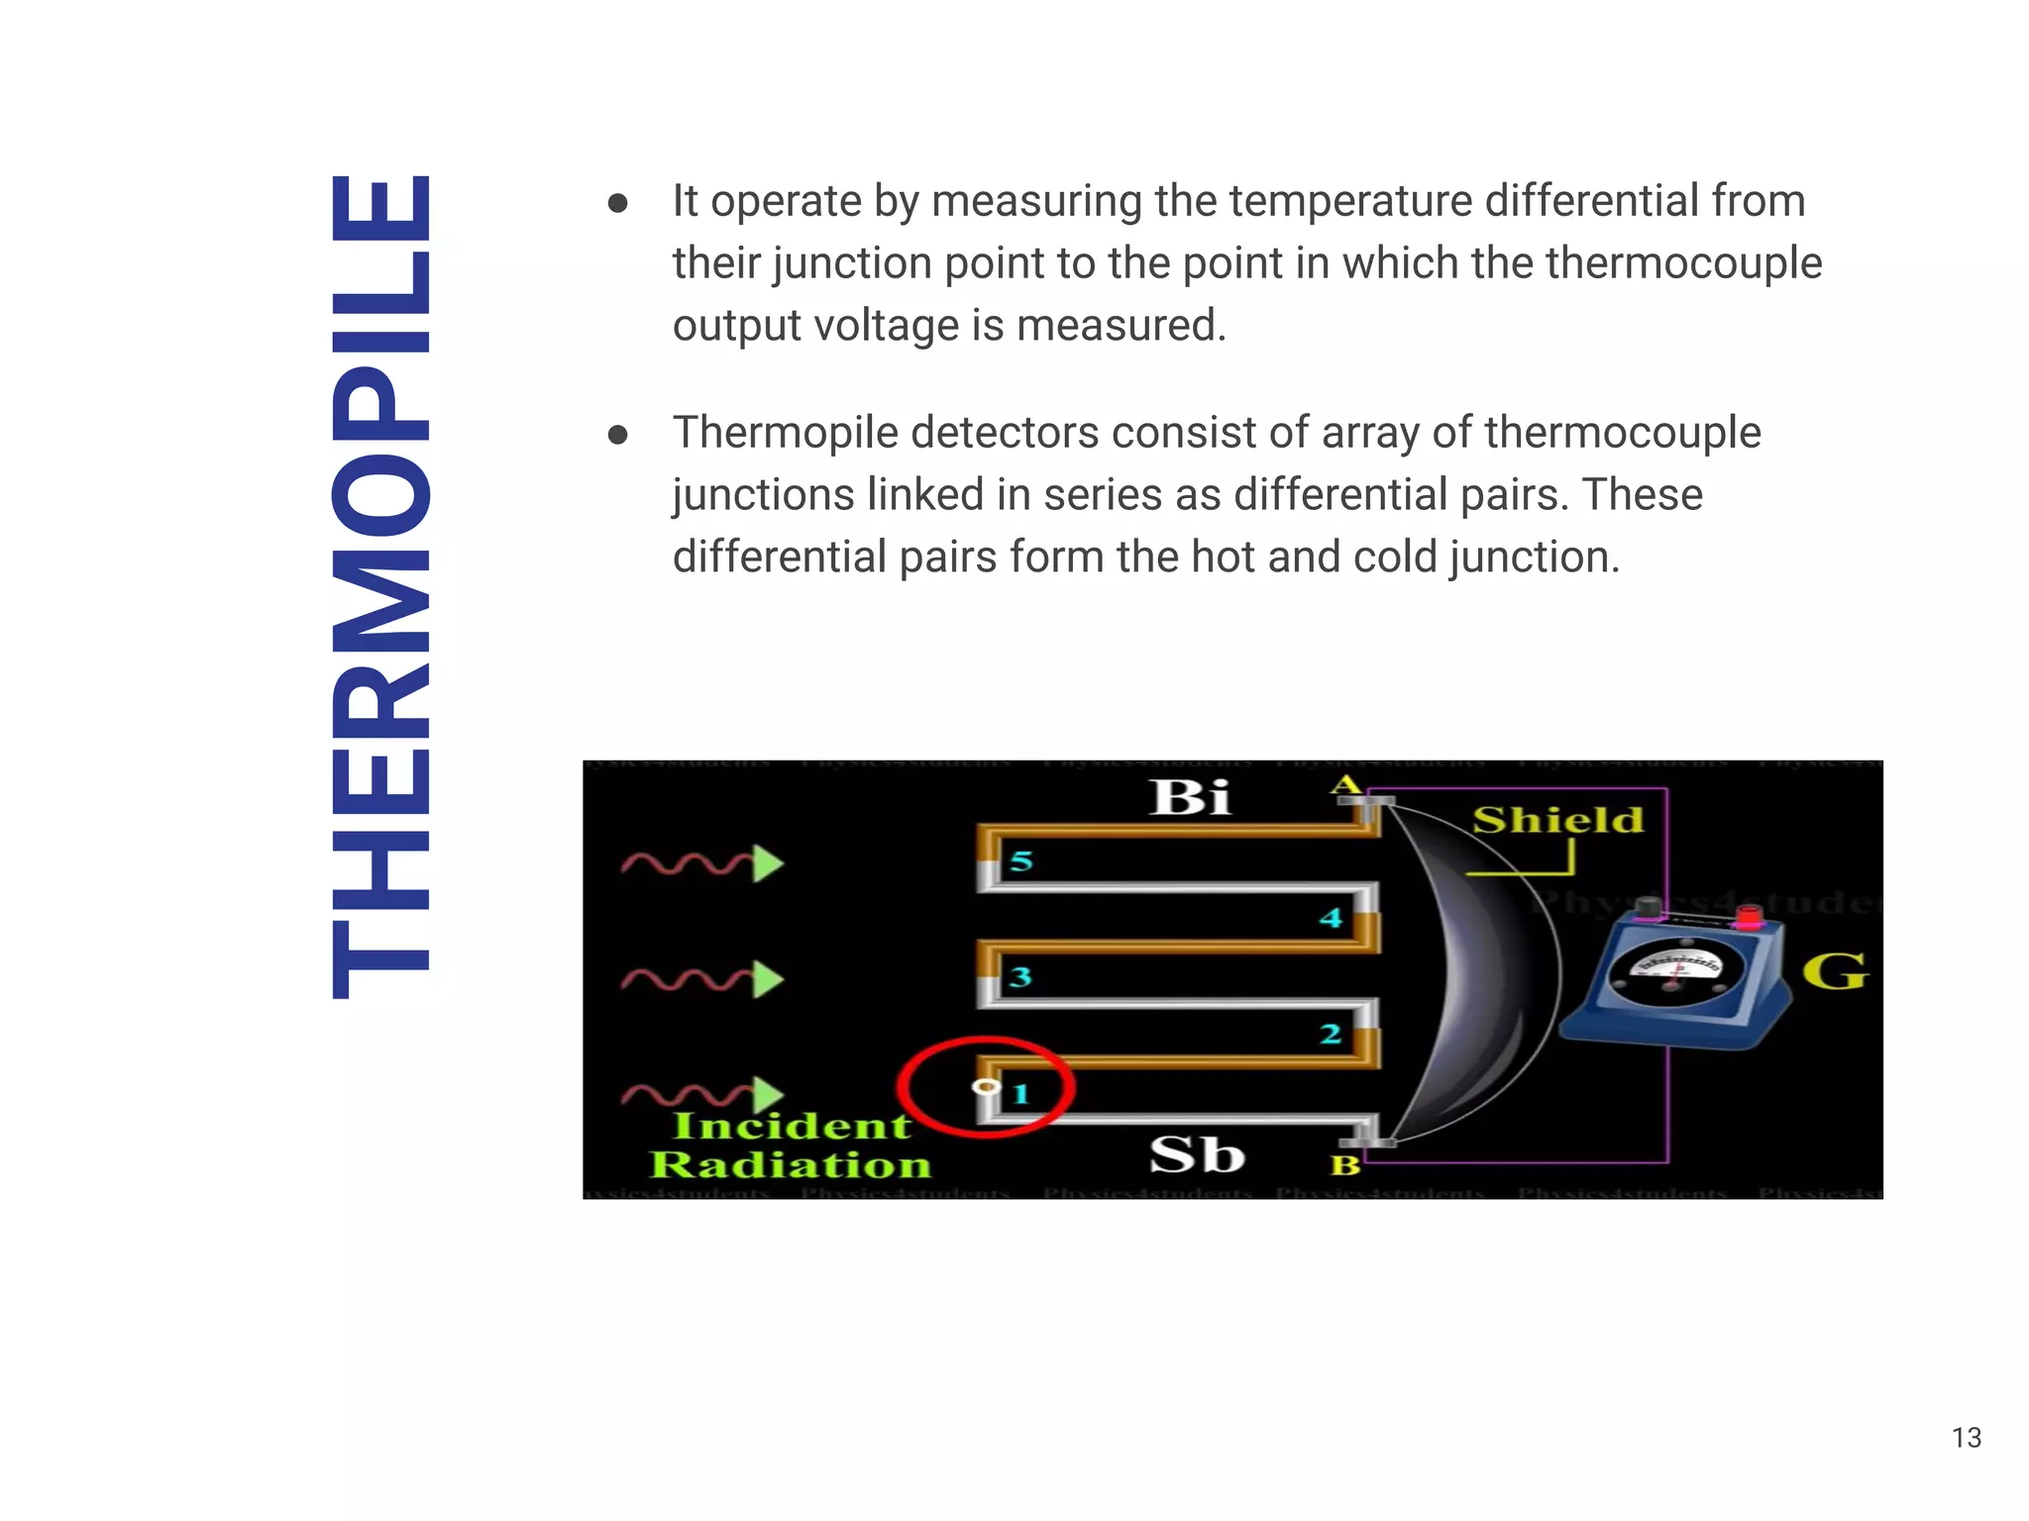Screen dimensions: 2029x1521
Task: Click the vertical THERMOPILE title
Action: (381, 586)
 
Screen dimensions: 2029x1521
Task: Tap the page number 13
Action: (1966, 1438)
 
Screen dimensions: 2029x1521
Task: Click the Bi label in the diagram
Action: (1190, 797)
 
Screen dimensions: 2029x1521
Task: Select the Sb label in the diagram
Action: (1197, 1155)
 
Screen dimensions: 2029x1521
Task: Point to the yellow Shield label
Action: (1557, 820)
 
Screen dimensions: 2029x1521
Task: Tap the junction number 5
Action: (1021, 862)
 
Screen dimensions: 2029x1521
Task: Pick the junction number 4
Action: (1330, 918)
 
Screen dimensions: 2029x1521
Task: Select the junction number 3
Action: (1020, 977)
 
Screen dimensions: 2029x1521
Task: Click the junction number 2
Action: (1330, 1034)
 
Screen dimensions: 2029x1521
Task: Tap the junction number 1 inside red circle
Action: (1020, 1093)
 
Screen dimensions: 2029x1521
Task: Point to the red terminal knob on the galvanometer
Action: (1750, 917)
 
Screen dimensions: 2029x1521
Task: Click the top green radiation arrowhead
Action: (768, 863)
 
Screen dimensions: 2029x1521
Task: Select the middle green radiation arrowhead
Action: (768, 979)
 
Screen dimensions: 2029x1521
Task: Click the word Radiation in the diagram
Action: (790, 1165)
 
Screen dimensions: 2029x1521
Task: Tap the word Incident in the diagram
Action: (791, 1126)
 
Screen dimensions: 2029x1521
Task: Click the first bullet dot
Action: (618, 203)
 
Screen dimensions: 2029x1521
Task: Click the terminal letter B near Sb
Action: (1344, 1165)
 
